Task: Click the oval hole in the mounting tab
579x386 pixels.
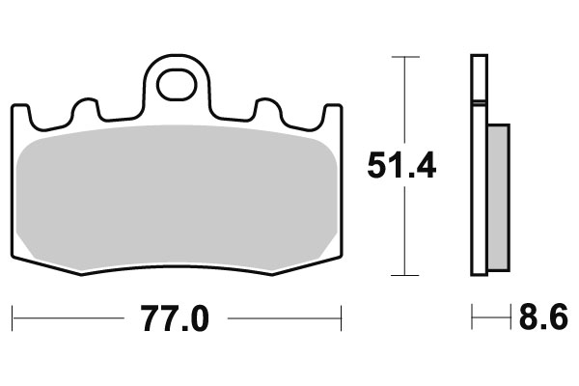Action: click(177, 86)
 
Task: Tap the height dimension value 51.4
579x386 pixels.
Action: click(401, 166)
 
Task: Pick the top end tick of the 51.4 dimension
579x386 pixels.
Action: click(404, 58)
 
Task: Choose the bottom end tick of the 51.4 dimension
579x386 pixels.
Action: click(404, 275)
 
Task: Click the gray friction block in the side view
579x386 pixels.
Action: click(498, 198)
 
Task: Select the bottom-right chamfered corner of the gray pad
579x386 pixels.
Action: click(324, 252)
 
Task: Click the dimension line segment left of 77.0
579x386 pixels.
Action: click(68, 316)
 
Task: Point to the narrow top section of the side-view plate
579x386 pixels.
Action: click(479, 77)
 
